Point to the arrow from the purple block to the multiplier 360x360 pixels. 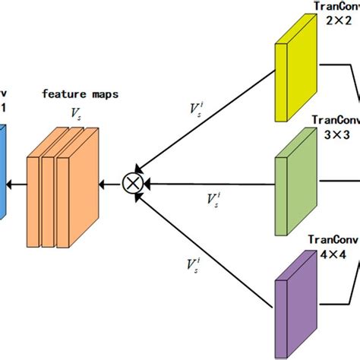(209, 248)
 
